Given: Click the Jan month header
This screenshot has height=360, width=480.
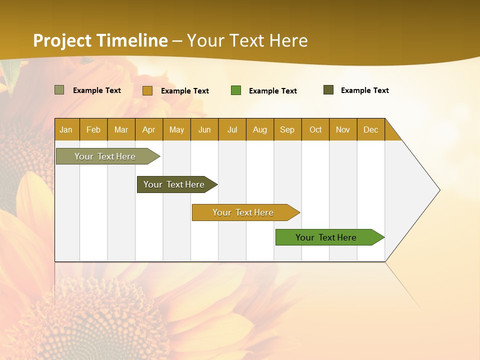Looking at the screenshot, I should tap(66, 129).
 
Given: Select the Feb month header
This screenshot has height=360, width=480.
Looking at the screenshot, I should tap(93, 129).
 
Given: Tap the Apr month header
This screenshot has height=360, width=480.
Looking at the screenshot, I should tap(149, 129).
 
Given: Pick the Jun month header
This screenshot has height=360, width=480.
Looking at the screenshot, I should tap(204, 129).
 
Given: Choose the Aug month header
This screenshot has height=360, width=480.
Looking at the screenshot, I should tap(260, 129).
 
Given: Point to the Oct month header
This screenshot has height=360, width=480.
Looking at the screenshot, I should tap(315, 129).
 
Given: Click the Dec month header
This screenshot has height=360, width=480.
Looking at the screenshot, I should tap(370, 129).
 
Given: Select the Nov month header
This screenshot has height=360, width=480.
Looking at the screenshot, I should tap(343, 129).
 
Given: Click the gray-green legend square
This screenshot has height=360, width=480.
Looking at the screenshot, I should tap(59, 90).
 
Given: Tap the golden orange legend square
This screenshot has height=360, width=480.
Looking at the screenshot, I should tap(147, 90).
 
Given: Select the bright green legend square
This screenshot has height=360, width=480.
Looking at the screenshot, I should tap(236, 90).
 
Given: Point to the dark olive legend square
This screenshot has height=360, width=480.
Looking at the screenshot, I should tap(328, 90).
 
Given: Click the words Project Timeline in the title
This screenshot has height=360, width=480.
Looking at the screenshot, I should tap(100, 40).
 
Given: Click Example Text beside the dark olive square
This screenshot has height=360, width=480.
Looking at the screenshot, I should tap(364, 90).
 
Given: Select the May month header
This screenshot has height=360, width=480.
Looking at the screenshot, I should tap(176, 129).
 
